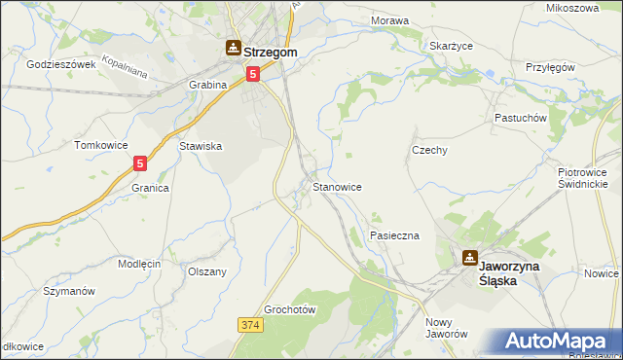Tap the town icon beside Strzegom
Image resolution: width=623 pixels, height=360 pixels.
(x=234, y=46)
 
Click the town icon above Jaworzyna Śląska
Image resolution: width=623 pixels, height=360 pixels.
(x=470, y=258)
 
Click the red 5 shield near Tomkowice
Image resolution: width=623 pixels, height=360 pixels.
(x=140, y=164)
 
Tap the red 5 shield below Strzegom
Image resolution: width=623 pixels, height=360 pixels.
(x=253, y=73)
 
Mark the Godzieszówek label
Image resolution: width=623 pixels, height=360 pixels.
(x=60, y=64)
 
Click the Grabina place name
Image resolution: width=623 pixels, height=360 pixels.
(x=207, y=85)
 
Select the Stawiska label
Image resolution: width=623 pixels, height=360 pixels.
(x=202, y=146)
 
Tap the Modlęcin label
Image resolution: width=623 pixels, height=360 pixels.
(x=139, y=264)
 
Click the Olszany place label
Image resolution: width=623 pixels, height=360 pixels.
(x=206, y=271)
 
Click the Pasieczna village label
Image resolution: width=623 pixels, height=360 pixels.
(x=394, y=235)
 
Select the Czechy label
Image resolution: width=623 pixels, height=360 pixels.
(x=429, y=150)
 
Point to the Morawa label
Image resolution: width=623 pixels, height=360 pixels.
(x=389, y=19)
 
